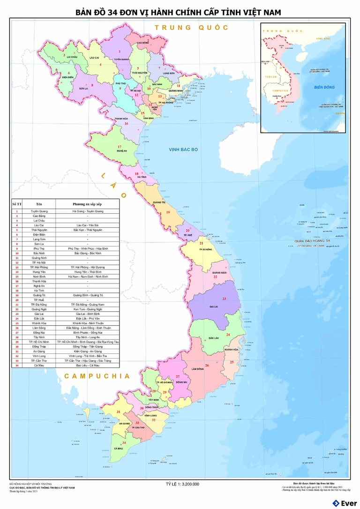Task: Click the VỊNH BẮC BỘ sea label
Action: [x=184, y=150]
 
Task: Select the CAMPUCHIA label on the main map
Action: [x=97, y=376]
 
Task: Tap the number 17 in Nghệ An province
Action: [x=120, y=146]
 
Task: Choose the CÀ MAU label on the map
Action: [x=118, y=449]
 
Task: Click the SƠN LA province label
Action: [x=83, y=88]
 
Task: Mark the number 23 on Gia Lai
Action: [x=224, y=299]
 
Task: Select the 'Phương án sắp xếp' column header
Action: [x=87, y=204]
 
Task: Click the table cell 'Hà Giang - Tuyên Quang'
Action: [x=87, y=211]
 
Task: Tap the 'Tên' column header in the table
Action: [x=39, y=204]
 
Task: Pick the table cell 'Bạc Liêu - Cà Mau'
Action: [x=87, y=366]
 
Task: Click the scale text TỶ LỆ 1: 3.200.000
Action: [x=183, y=484]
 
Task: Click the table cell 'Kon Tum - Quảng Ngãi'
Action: [x=87, y=309]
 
